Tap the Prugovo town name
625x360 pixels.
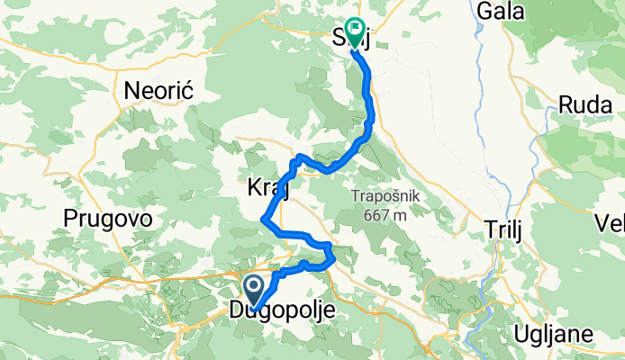coord(107,219)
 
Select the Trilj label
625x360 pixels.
coord(503,229)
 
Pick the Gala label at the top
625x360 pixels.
coord(526,11)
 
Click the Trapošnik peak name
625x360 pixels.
coord(389,197)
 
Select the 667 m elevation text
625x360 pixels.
coord(389,215)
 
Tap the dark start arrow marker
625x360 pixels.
coord(254,291)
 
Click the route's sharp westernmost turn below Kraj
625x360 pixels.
coord(263,219)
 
